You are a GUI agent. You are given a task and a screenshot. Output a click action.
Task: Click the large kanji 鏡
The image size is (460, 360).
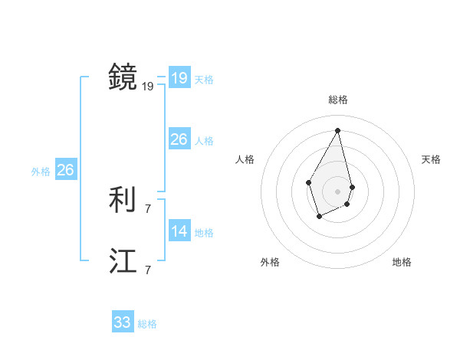(123, 77)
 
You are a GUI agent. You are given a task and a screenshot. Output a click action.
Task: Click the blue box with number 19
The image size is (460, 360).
(179, 78)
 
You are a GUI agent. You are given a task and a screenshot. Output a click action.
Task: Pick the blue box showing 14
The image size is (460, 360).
(179, 231)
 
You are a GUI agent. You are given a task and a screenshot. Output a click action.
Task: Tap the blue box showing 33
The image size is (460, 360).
(122, 322)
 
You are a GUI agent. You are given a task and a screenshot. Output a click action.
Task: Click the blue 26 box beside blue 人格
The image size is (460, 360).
(179, 139)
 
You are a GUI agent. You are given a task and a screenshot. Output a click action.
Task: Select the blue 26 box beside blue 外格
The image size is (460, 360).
(65, 170)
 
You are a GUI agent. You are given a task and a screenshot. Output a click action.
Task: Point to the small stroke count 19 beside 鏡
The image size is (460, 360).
(148, 87)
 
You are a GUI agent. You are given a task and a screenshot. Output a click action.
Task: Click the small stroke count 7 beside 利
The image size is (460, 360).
(148, 208)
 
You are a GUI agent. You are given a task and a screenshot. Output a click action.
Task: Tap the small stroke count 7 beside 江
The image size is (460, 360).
(148, 270)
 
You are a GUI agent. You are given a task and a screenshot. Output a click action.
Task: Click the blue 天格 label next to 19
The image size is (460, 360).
(204, 80)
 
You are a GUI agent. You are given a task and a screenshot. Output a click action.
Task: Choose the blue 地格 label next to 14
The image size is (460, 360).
(204, 233)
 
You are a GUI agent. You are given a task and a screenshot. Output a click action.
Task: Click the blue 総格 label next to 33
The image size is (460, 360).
(147, 324)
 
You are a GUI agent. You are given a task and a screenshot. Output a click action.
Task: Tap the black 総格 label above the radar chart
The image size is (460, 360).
(338, 100)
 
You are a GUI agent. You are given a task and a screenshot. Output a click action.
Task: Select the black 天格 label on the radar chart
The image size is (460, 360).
(431, 159)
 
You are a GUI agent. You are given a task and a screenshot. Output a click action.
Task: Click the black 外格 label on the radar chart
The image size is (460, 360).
(270, 262)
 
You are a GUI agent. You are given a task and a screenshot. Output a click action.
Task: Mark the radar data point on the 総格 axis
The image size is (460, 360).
(338, 130)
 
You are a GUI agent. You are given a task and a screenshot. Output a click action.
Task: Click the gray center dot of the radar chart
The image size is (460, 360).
(338, 191)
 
